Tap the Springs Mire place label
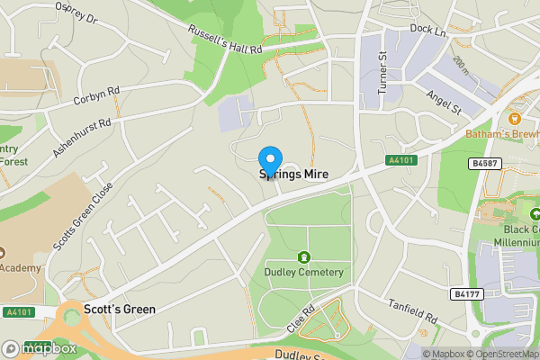point(293,174)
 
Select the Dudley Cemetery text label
point(304,272)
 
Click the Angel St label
point(444,103)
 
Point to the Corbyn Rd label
point(96,95)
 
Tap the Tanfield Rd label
point(411,311)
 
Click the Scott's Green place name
point(119,309)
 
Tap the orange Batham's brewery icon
point(517,118)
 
